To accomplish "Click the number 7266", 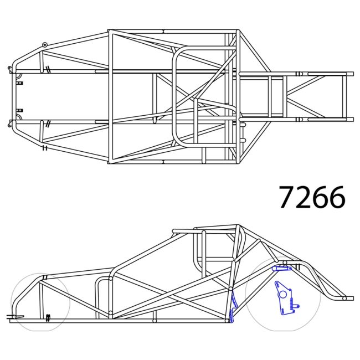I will pyautogui.click(x=312, y=197).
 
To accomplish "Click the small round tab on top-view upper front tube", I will pyautogui.click(x=45, y=44).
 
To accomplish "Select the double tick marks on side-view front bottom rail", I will pyautogui.click(x=48, y=317).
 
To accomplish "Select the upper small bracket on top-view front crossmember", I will pyautogui.click(x=20, y=83).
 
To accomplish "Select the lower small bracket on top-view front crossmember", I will pyautogui.click(x=20, y=110).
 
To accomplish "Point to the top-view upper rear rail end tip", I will pyautogui.click(x=351, y=73).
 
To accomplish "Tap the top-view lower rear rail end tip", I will pyautogui.click(x=351, y=119).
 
